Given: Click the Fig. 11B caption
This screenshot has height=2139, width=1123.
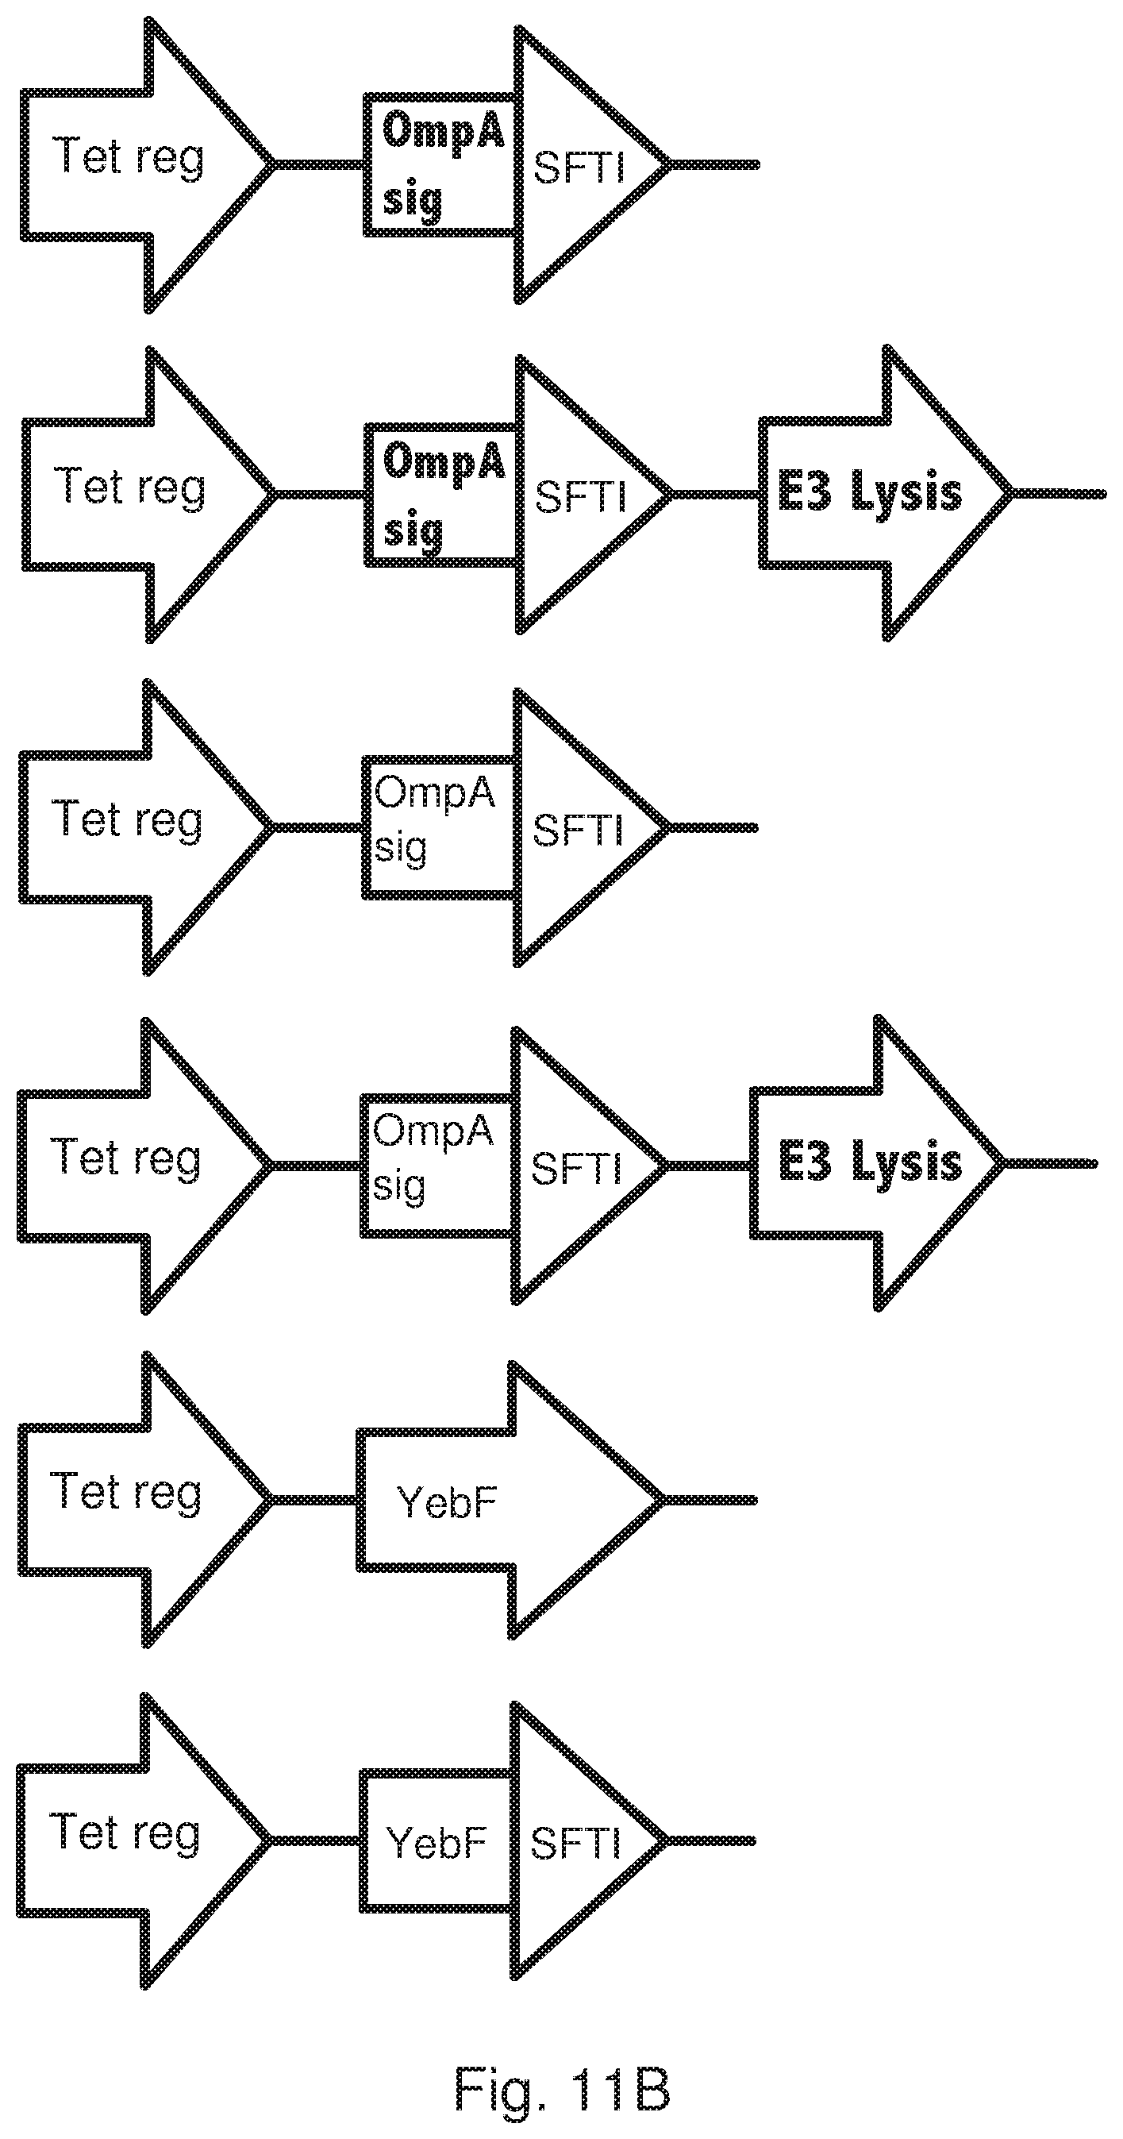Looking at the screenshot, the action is pos(562,2087).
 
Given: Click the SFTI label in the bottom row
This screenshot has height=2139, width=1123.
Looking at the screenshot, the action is pos(575,1843).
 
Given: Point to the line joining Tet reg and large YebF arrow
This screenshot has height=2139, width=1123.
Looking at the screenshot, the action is pos(314,1500).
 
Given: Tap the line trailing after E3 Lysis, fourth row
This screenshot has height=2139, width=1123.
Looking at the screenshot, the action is pos(1049,1163).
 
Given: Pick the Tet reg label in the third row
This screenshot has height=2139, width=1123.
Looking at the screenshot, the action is pos(126,820).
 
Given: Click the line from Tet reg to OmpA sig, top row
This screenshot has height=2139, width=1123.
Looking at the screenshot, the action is pos(320,164).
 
